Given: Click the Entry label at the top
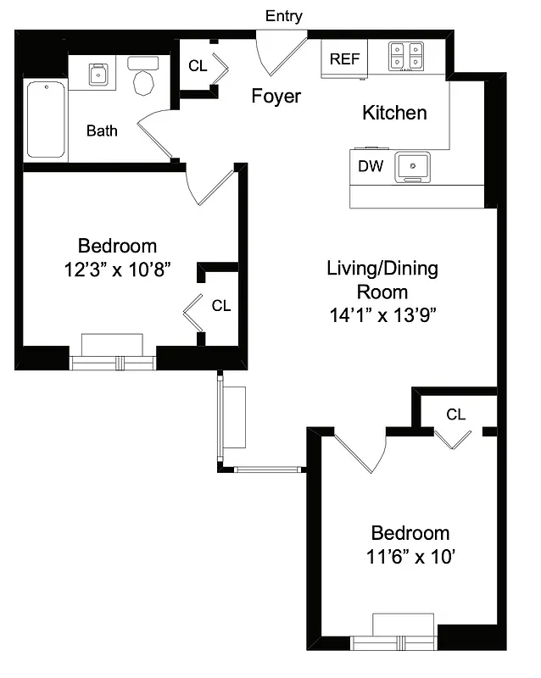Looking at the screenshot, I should (283, 16).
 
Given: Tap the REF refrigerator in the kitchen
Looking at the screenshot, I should (343, 59).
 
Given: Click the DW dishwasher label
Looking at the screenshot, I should (370, 167).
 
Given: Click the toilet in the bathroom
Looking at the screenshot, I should (143, 76).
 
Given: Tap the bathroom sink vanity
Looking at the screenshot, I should (100, 75).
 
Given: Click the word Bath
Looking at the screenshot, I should (102, 131).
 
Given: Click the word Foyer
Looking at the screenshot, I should (276, 97).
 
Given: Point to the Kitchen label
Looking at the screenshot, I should (394, 113).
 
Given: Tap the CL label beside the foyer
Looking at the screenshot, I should (197, 64).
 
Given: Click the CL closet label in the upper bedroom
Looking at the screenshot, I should (220, 306).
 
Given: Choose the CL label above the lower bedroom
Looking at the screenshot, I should (455, 414).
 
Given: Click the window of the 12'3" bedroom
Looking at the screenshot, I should (113, 362).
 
